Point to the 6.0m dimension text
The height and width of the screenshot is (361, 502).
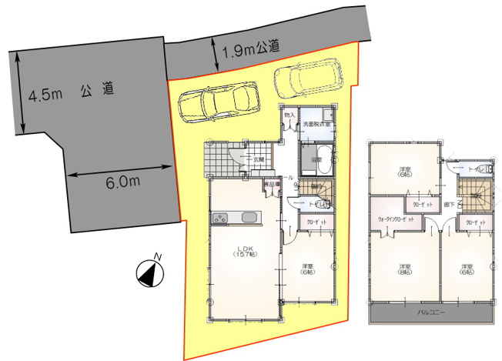tap(122, 182)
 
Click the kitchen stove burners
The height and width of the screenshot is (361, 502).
tap(220, 219)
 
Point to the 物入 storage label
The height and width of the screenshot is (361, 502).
tap(289, 115)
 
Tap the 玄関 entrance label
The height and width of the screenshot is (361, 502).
tap(259, 159)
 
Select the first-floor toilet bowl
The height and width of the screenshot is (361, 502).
tap(324, 205)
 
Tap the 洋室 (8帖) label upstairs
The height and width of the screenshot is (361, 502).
tap(404, 270)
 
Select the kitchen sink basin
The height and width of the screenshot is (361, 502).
tap(248, 218)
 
